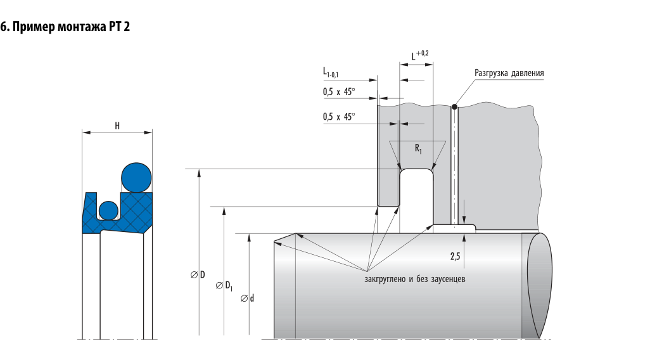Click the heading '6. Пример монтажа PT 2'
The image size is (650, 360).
(x=65, y=27)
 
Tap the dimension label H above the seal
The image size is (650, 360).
(x=117, y=125)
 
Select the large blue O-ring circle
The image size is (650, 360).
(x=136, y=177)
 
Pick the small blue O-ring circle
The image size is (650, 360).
(x=108, y=210)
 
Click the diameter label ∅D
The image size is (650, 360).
(x=198, y=274)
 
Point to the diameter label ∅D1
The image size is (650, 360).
(x=224, y=286)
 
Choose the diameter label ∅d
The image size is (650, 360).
(x=248, y=298)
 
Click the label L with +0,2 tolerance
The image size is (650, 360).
(x=420, y=55)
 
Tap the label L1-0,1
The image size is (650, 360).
(x=331, y=73)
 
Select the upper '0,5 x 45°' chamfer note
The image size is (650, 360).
(x=339, y=92)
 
